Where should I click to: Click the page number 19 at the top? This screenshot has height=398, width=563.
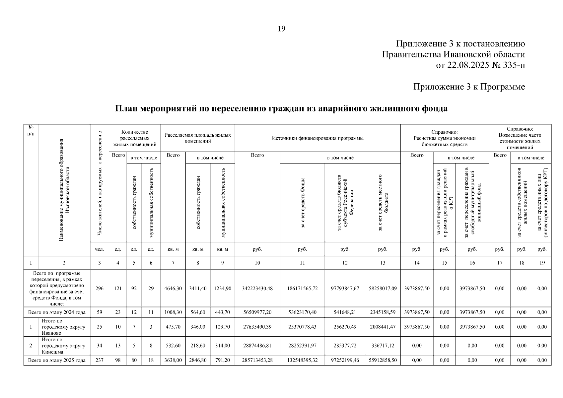(281, 29)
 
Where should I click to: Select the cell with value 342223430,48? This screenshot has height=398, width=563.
(257, 289)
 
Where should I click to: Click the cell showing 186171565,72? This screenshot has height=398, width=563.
(302, 289)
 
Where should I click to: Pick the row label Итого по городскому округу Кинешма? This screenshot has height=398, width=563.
(63, 346)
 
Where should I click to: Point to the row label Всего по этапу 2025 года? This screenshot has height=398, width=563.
(57, 360)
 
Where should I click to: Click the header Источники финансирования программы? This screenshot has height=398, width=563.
(317, 138)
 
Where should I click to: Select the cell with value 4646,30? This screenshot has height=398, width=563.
(173, 289)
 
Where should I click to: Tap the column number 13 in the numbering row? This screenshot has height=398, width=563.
(383, 263)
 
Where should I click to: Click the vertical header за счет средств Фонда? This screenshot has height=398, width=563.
(302, 202)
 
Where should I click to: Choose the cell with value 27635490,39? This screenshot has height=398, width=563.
(257, 327)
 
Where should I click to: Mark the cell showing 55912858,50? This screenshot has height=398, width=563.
(383, 360)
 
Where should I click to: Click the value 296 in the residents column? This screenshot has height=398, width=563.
(99, 289)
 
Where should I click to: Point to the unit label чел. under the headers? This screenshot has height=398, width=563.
(99, 249)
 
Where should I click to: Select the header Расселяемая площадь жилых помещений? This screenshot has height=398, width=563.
(198, 138)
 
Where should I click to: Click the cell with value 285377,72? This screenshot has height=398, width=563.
(345, 346)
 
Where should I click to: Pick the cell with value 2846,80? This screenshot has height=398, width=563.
(198, 360)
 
